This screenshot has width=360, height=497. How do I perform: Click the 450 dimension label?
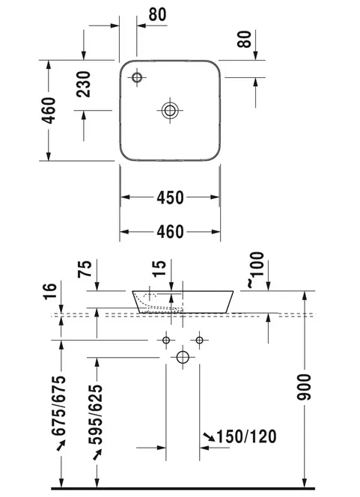[x=170, y=198]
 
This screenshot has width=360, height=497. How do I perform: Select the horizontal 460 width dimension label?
[x=170, y=232]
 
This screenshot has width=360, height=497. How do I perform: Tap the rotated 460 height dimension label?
[x=49, y=110]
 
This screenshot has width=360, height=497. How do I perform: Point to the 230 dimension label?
[x=83, y=84]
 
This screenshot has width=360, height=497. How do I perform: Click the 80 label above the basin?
[x=157, y=14]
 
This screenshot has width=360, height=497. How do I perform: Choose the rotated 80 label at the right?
[x=244, y=39]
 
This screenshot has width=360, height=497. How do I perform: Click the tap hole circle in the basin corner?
[x=137, y=77]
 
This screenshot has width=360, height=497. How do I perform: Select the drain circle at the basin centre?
[x=170, y=110]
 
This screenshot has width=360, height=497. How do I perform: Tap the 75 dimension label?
[x=85, y=269]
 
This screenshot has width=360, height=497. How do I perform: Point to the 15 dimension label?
[x=159, y=268]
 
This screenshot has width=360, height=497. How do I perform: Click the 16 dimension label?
[x=49, y=291]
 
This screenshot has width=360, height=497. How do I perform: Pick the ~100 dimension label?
[x=255, y=269]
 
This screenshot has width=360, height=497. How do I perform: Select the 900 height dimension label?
[x=304, y=387]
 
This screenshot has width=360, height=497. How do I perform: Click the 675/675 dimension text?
[x=59, y=406]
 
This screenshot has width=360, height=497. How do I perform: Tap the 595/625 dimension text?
[x=96, y=415]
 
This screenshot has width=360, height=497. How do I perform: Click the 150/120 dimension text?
[x=246, y=436]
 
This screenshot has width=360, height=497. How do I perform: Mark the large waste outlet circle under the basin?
[x=183, y=357]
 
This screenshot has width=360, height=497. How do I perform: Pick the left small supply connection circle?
[x=166, y=340]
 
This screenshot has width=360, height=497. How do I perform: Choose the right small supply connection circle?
[x=199, y=340]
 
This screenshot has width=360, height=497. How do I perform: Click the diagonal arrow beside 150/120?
[x=209, y=436]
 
